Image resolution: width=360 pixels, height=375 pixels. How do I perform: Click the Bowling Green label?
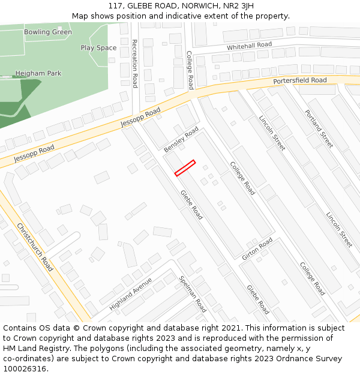click(47, 32)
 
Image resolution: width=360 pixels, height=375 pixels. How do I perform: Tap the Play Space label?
click(98, 48)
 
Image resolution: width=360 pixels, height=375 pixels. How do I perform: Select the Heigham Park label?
click(38, 74)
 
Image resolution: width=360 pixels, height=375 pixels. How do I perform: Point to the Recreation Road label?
click(134, 64)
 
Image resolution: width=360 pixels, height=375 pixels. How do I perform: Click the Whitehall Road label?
click(249, 46)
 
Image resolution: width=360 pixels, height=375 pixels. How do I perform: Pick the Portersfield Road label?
click(299, 80)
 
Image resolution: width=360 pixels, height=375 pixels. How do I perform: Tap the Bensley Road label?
click(181, 139)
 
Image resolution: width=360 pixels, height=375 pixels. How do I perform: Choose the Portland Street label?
click(318, 128)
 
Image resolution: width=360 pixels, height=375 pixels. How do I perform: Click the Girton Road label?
click(257, 249)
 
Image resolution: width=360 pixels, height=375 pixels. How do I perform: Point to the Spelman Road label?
click(193, 294)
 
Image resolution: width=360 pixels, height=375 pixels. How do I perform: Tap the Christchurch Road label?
click(35, 247)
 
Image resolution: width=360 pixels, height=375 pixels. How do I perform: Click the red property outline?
click(185, 168)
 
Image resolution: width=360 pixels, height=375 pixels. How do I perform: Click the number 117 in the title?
click(115, 5)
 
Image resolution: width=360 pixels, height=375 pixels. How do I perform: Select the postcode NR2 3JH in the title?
click(237, 5)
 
